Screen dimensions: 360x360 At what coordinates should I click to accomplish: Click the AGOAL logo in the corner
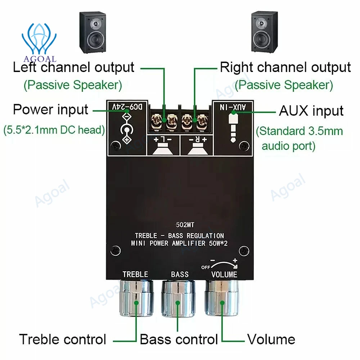pos(39,41)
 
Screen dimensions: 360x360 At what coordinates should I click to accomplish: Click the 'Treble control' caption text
pos(63,339)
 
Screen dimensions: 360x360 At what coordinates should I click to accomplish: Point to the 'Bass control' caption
pos(179,339)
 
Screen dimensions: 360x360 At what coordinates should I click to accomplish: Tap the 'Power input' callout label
pos(50,109)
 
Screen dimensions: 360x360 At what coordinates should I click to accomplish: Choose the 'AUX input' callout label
pos(311,111)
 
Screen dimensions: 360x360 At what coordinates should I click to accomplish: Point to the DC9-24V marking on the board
pos(126,107)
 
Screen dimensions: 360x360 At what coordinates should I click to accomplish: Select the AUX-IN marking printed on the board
pos(234,107)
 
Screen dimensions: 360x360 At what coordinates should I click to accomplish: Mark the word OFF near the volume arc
pos(206,267)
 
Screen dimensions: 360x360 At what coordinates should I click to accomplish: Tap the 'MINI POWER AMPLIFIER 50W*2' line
pos(179,244)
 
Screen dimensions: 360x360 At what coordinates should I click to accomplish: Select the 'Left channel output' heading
pos(73,67)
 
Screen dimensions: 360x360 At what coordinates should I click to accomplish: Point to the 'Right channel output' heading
pos(285,67)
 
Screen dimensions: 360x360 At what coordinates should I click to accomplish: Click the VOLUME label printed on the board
pos(224,275)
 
